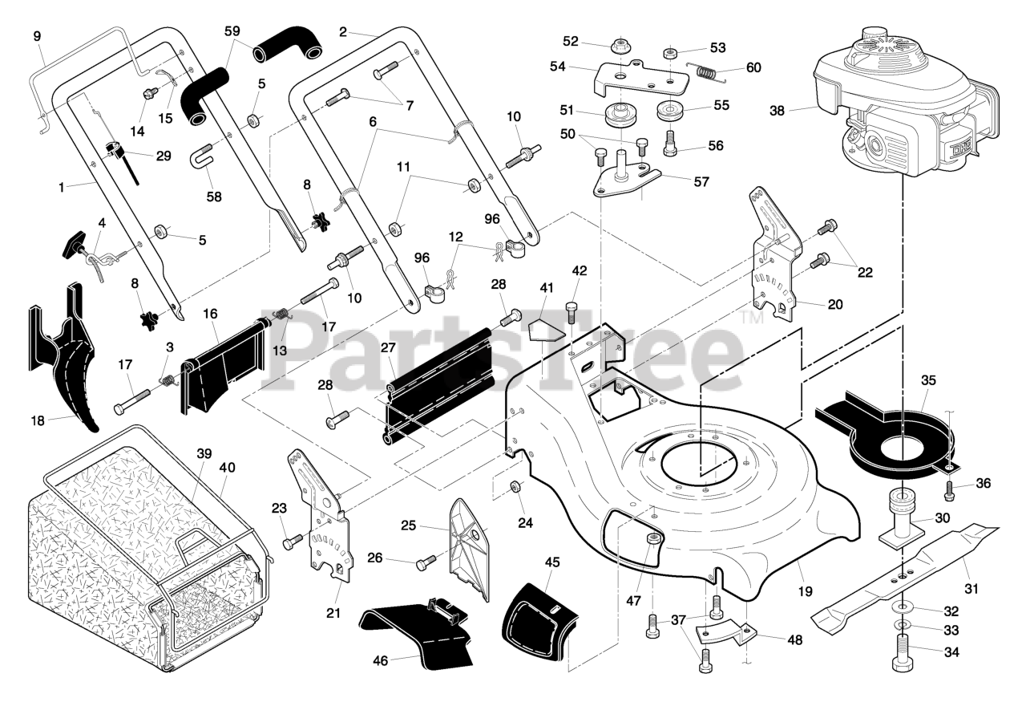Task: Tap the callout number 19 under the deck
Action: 805,591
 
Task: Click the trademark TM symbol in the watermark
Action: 753,319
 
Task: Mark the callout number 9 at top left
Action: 36,35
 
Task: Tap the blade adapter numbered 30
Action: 902,517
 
